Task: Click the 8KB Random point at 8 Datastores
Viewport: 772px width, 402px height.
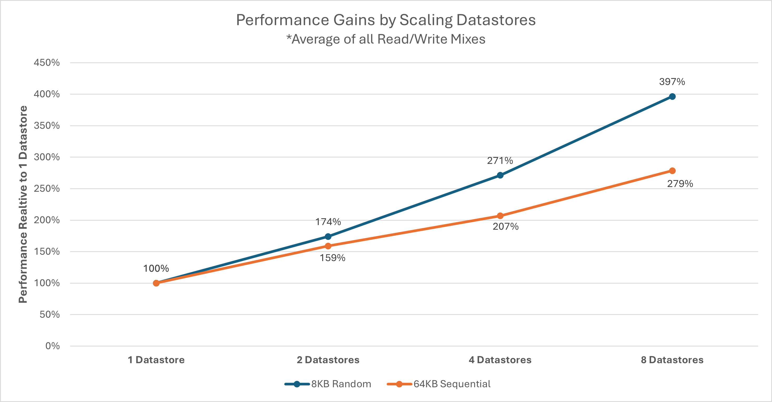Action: click(x=672, y=97)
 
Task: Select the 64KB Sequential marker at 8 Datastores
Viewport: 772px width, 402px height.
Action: click(x=672, y=171)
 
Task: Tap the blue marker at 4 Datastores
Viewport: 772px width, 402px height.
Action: click(x=500, y=175)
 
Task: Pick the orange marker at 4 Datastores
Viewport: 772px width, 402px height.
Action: click(x=500, y=216)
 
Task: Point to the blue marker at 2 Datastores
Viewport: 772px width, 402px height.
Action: click(x=328, y=236)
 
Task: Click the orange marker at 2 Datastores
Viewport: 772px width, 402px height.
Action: click(x=328, y=246)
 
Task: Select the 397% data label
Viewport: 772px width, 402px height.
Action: click(x=672, y=82)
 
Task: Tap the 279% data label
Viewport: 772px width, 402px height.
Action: click(x=680, y=183)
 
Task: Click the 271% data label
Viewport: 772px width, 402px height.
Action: click(x=500, y=161)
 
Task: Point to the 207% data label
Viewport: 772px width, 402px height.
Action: click(x=506, y=226)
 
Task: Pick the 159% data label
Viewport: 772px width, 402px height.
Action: click(x=332, y=258)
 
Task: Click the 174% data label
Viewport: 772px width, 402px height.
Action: click(x=328, y=222)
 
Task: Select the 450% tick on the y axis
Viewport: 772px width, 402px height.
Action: click(x=47, y=63)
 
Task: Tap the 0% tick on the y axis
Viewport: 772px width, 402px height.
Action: click(x=52, y=346)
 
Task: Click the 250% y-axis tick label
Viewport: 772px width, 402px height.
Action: click(x=47, y=188)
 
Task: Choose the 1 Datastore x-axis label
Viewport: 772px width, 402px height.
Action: click(x=156, y=360)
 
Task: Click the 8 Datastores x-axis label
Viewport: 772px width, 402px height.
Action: click(x=672, y=360)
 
